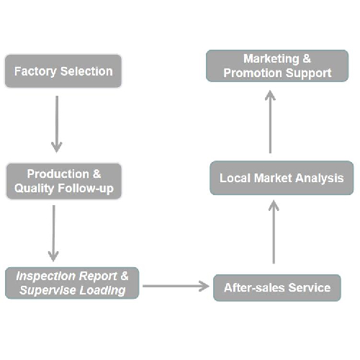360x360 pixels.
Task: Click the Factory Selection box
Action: click(x=63, y=71)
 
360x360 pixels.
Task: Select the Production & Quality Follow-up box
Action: click(x=64, y=181)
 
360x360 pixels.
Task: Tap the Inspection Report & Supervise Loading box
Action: click(x=72, y=283)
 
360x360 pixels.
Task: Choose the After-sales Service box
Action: click(x=277, y=288)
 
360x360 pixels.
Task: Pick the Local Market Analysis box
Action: click(x=282, y=178)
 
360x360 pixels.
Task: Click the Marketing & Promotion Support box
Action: click(x=277, y=66)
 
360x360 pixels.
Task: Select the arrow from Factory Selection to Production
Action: click(x=57, y=124)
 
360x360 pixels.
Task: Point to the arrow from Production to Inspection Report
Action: click(x=53, y=233)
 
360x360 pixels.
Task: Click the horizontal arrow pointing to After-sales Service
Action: click(x=176, y=286)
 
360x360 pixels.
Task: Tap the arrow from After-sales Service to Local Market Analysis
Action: click(x=274, y=232)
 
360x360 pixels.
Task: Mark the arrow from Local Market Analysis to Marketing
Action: click(x=270, y=122)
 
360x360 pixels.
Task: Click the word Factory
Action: click(x=35, y=71)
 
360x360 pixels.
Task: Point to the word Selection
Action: click(x=86, y=71)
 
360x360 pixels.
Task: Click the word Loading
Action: click(x=102, y=290)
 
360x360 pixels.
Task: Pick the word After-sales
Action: click(x=254, y=288)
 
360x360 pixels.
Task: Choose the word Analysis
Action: click(x=320, y=179)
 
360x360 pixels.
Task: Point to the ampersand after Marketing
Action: click(x=307, y=59)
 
